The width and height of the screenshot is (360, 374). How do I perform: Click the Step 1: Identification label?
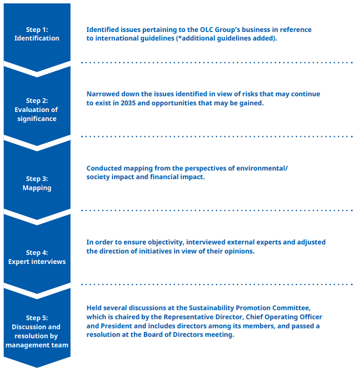pyautogui.click(x=36, y=34)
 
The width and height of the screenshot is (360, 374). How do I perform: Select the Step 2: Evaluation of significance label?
pyautogui.click(x=36, y=109)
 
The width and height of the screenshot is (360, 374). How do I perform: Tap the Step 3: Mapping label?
pyautogui.click(x=37, y=183)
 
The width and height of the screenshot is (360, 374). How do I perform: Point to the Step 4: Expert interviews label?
pyautogui.click(x=37, y=257)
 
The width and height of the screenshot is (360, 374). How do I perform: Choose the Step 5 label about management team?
pyautogui.click(x=37, y=331)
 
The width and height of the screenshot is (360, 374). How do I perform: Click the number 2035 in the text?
pyautogui.click(x=128, y=103)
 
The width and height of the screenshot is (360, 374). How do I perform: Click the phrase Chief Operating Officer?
pyautogui.click(x=284, y=317)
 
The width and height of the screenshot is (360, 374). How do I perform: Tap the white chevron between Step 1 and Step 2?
pyautogui.click(x=37, y=69)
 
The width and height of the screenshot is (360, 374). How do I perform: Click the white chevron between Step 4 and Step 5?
pyautogui.click(x=37, y=291)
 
